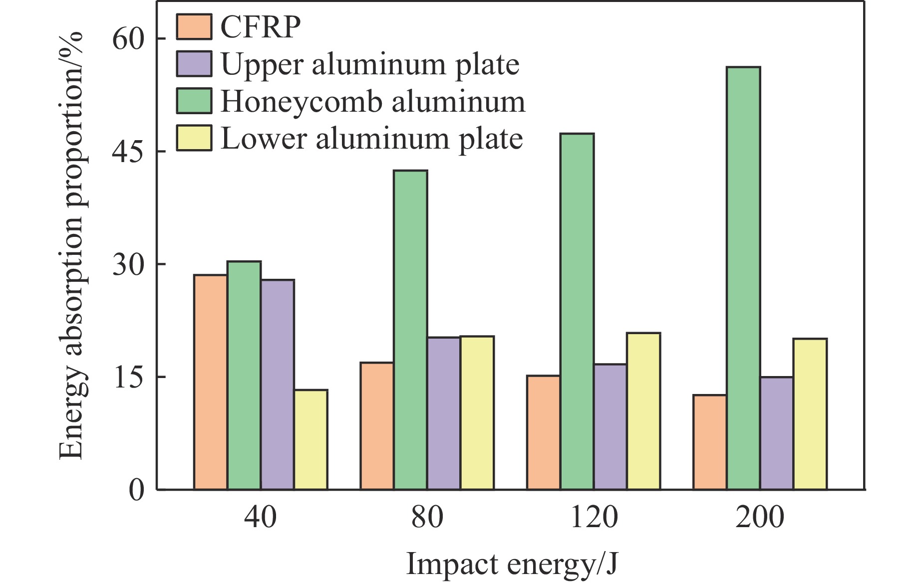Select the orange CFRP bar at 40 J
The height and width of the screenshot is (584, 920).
point(210,382)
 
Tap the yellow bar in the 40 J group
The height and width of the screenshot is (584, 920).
point(310,439)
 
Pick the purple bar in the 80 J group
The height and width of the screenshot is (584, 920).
point(443,413)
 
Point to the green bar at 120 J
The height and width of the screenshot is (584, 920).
point(577,312)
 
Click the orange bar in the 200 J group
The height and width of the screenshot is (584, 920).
point(710,442)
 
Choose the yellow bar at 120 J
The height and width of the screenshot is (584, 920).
point(643,411)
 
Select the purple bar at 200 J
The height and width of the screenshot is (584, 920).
point(777,433)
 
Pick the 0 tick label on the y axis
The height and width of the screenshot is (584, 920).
point(136,490)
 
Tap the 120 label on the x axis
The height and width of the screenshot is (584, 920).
point(594,518)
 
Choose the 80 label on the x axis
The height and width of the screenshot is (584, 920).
point(427,518)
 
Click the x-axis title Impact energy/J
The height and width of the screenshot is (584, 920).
point(512,565)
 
